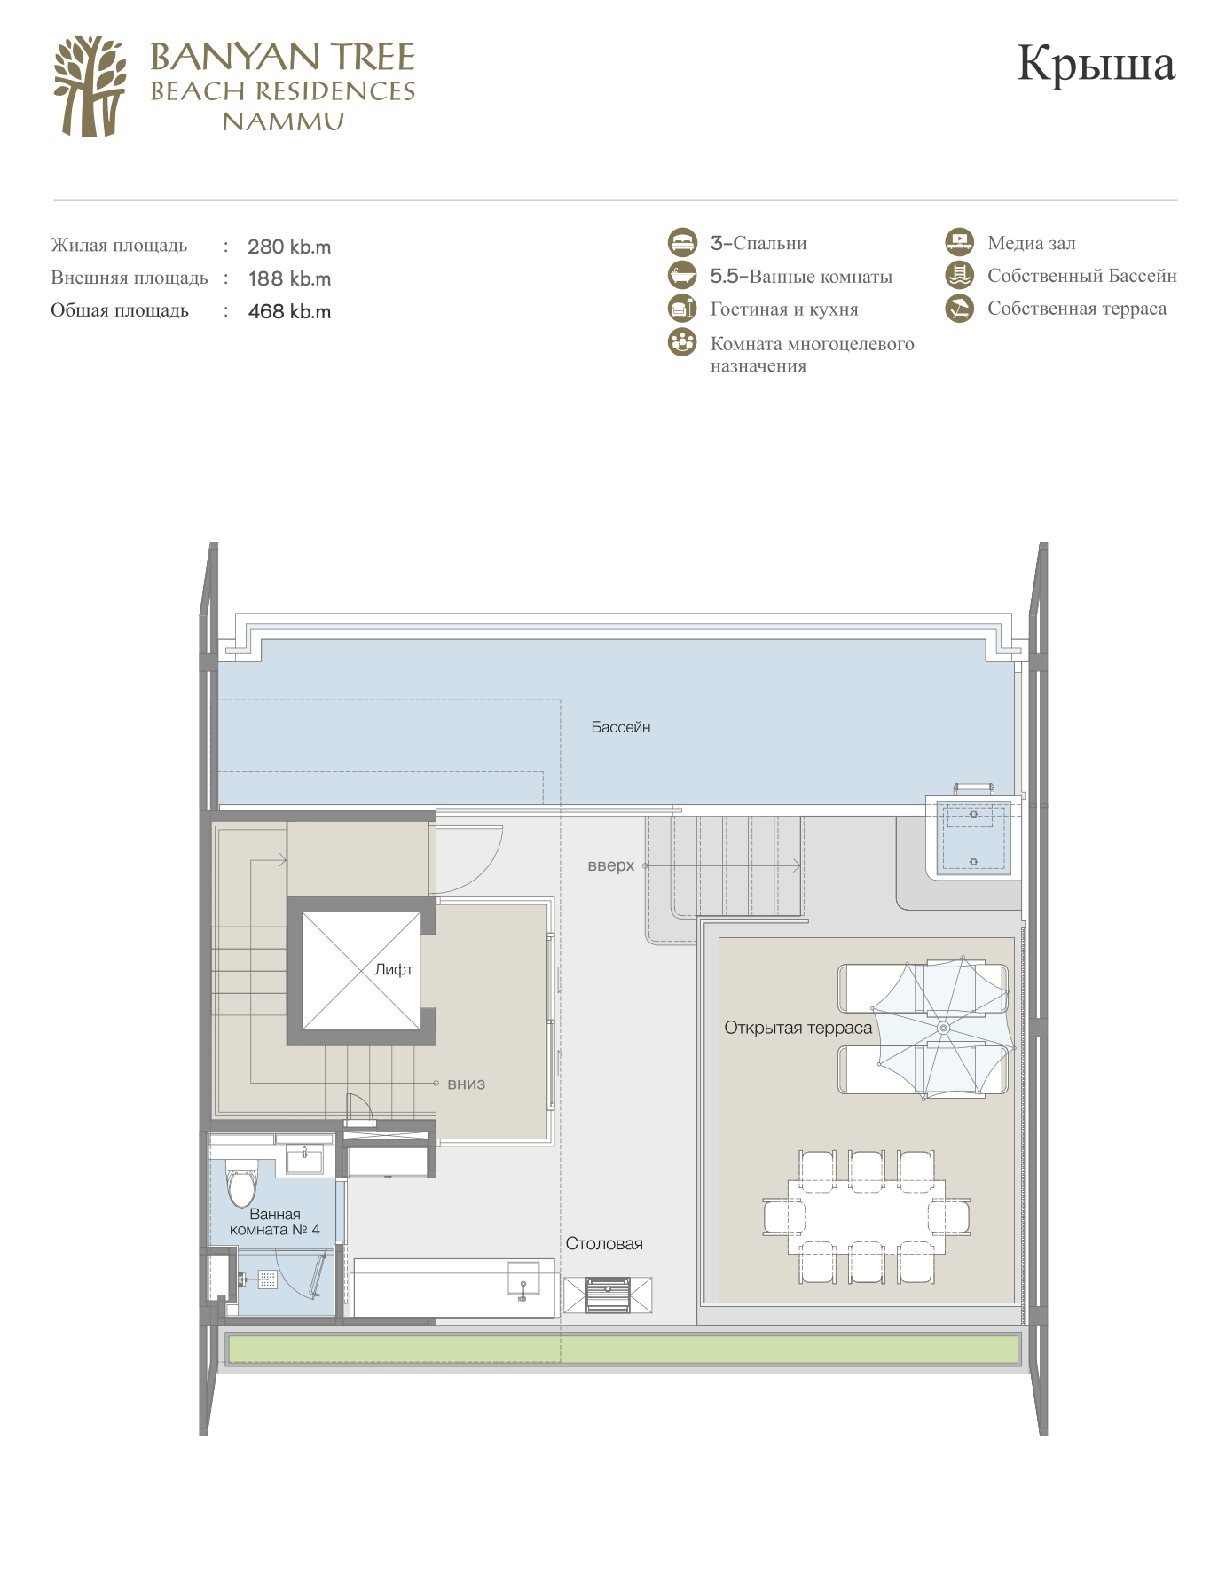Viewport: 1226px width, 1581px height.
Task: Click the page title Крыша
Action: pos(1096,64)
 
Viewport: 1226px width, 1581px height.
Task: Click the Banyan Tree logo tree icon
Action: pos(90,87)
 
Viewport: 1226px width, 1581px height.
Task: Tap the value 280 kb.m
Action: pos(289,247)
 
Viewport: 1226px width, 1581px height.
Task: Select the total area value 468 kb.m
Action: pos(289,311)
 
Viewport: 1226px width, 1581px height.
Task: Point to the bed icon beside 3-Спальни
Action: pos(682,243)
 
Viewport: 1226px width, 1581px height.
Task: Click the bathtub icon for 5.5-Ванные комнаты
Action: pos(682,276)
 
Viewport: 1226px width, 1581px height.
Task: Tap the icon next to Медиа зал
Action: pos(959,242)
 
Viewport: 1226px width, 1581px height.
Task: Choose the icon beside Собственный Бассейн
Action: pos(959,275)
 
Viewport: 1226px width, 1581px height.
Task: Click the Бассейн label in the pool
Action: pos(621,727)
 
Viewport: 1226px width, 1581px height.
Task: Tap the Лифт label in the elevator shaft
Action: pos(394,969)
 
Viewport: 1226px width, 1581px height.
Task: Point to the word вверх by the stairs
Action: pos(611,865)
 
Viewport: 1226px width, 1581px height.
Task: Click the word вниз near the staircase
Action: pos(467,1084)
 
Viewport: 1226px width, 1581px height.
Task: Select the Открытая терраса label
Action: pos(798,1028)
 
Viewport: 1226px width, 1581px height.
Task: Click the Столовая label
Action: pos(604,1243)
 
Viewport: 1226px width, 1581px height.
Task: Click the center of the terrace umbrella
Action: pos(943,1028)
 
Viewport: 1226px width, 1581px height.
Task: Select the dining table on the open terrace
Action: pos(867,1217)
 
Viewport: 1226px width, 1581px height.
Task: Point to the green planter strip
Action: pos(624,1349)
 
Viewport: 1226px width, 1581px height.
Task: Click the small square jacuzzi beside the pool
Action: pos(974,838)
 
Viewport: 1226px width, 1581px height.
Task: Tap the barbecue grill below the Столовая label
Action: pos(608,1295)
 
